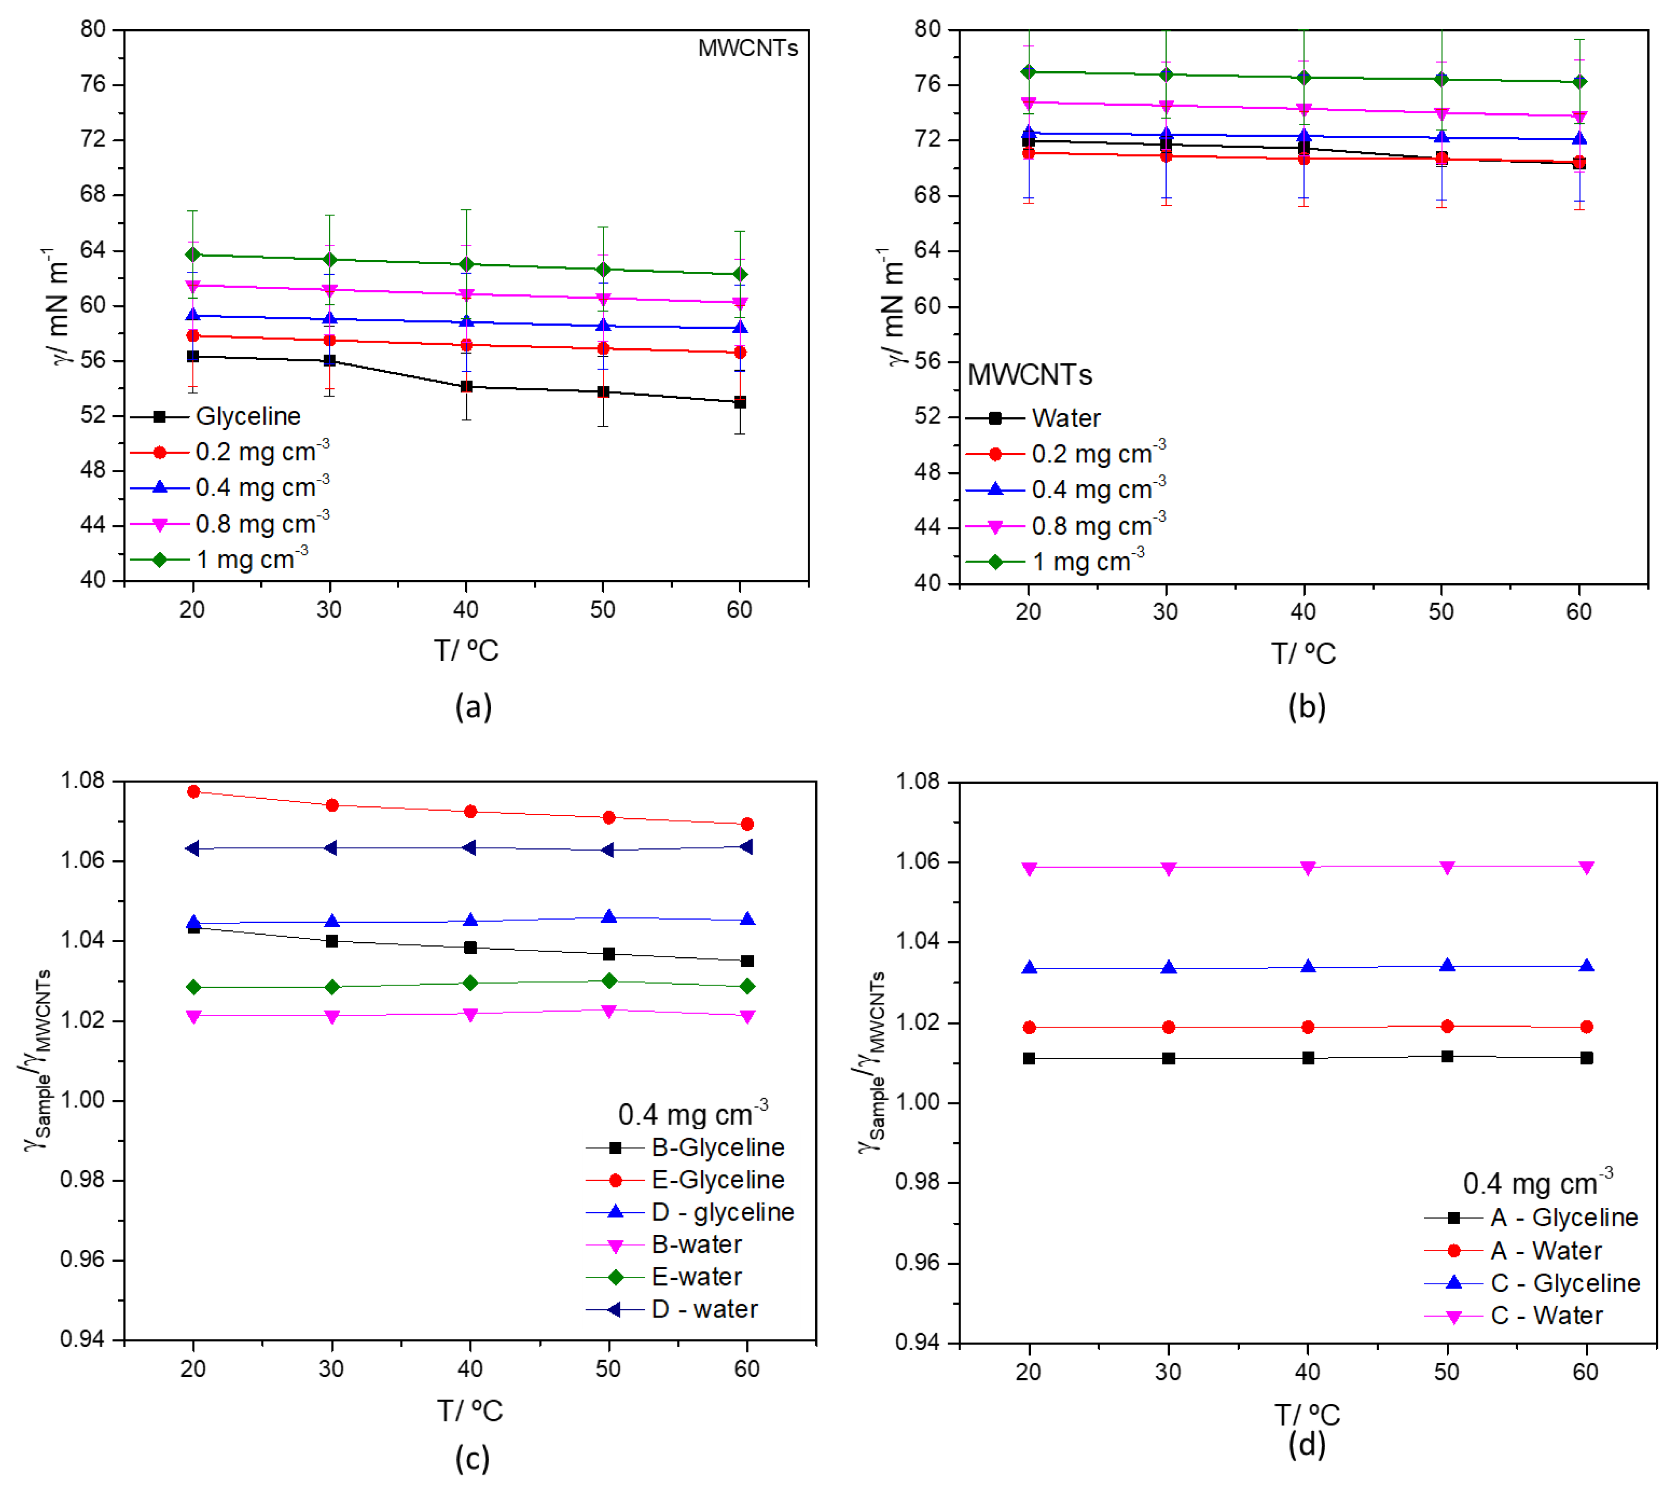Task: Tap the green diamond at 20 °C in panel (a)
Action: click(193, 254)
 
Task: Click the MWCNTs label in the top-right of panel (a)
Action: click(748, 48)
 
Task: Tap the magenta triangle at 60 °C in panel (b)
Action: click(1579, 116)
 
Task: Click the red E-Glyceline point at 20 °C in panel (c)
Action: click(193, 791)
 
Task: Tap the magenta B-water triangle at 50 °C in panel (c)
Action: click(609, 1011)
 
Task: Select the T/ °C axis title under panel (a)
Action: click(466, 651)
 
